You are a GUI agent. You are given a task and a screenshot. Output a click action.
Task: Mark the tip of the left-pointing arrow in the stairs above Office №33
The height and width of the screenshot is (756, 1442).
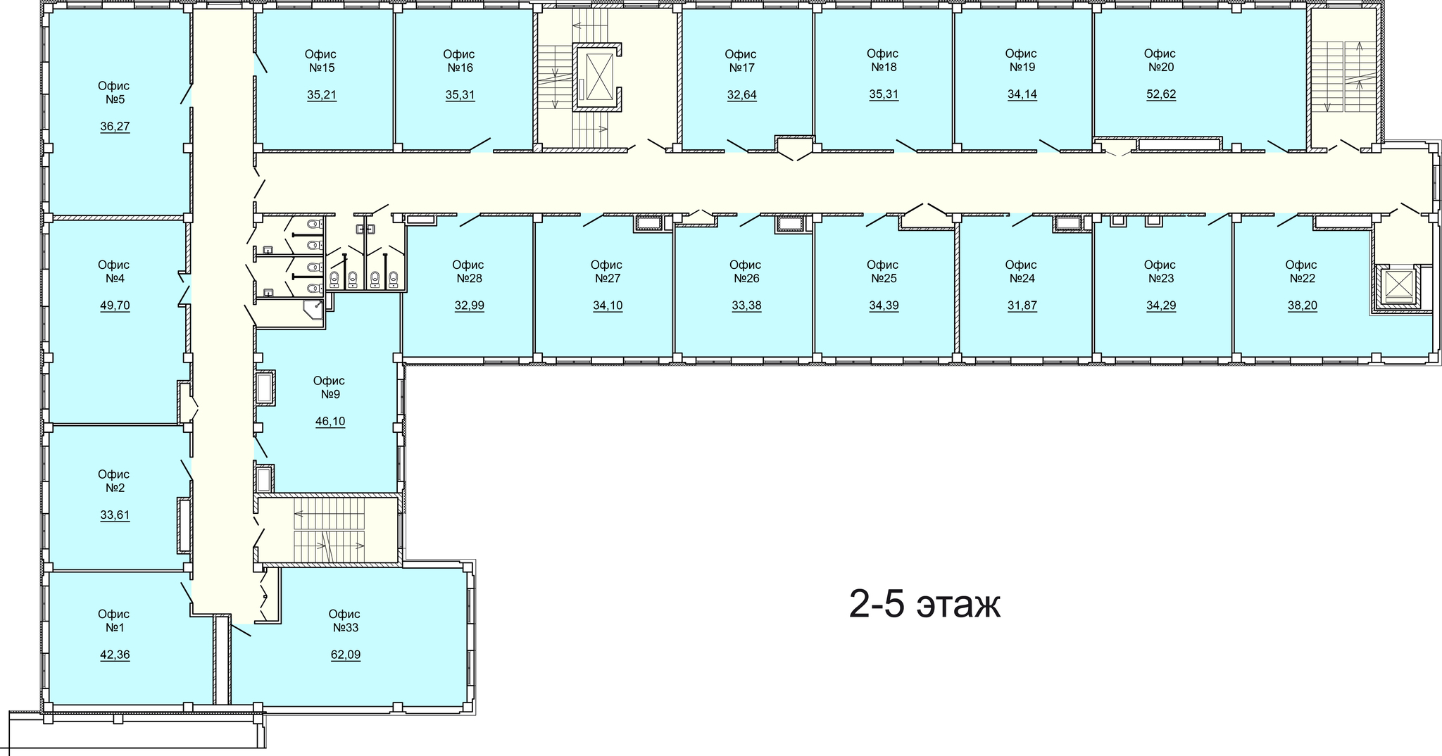295,514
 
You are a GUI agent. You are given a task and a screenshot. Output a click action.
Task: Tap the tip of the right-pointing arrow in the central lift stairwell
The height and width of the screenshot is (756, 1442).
606,130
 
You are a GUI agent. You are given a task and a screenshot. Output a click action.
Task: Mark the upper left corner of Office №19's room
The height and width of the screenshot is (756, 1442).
955,10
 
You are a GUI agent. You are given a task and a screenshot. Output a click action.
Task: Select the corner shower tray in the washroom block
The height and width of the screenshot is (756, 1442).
313,310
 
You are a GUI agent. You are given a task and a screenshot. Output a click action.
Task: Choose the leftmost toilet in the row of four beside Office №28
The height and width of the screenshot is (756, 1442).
335,279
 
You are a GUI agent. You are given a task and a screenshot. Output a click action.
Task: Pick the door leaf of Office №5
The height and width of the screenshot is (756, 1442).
186,94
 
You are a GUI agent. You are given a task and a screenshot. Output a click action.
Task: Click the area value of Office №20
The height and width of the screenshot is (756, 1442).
1161,94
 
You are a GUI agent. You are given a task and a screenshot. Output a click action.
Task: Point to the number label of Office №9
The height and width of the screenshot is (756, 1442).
331,394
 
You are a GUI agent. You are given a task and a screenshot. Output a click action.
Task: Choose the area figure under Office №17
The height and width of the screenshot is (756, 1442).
742,95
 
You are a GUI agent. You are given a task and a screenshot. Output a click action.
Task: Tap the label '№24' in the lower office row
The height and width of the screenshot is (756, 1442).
1021,278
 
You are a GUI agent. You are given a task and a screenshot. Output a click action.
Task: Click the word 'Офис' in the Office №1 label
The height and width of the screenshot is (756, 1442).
114,615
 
